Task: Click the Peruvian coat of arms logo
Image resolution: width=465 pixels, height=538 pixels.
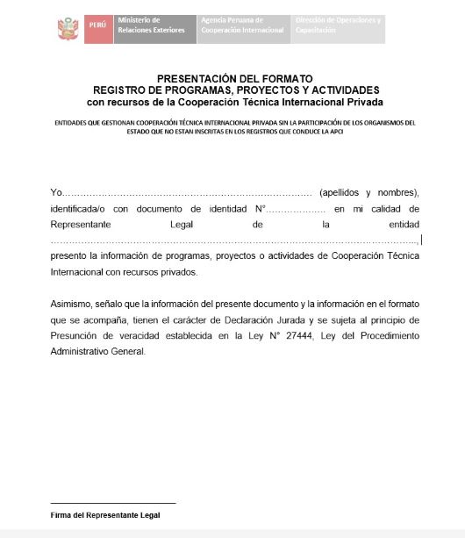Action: tap(67, 29)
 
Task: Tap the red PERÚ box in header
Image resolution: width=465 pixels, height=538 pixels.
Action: tap(96, 25)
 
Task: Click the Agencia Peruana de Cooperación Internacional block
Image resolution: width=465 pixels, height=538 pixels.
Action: tap(242, 25)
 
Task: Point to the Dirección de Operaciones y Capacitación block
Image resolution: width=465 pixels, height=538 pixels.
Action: tap(338, 25)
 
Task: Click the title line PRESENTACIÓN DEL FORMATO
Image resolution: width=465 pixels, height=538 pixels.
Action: tap(234, 78)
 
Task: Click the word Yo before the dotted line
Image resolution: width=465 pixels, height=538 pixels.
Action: tap(57, 192)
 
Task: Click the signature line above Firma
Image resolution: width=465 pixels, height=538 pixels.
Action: tap(113, 503)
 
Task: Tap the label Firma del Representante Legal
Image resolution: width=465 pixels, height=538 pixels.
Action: tap(105, 515)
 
